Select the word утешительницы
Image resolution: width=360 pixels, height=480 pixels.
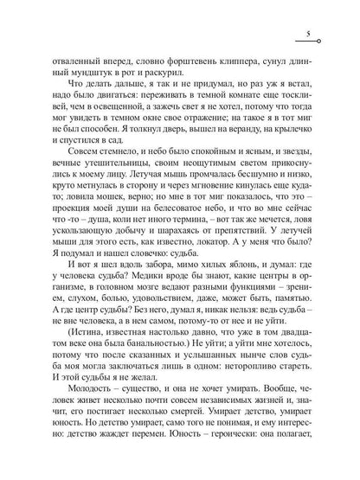pos(102,189)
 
